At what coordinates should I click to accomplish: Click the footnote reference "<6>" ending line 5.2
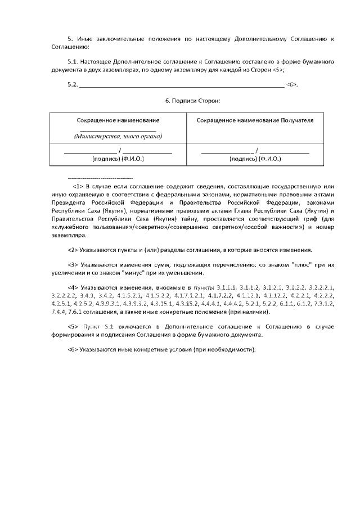291,85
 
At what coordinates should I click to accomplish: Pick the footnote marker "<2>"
73,250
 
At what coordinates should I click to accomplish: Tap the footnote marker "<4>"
73,287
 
